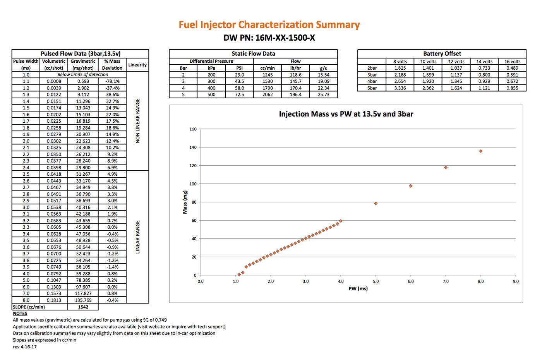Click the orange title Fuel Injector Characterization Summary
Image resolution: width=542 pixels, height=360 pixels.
coord(269,25)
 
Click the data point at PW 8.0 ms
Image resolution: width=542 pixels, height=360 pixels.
coord(481,151)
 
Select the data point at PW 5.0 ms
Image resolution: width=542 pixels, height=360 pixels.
coord(376,204)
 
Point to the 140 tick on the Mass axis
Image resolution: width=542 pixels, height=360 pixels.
coord(193,147)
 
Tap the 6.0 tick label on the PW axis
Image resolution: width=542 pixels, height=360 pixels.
coord(411,281)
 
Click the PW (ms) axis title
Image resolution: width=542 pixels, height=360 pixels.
coord(358,288)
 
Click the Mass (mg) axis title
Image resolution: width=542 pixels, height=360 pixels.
coord(185,202)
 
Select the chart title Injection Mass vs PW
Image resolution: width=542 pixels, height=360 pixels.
coord(346,114)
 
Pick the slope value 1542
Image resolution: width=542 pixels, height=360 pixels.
coord(83,307)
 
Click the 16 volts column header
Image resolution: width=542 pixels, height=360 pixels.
coord(512,62)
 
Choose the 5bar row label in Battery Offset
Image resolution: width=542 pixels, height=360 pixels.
coord(372,88)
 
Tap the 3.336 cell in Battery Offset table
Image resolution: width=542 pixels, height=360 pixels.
coord(400,88)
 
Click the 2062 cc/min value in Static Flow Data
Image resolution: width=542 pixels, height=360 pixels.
coord(268,94)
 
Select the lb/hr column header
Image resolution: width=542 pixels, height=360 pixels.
coord(295,68)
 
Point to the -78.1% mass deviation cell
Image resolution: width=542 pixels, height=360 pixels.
coord(112,81)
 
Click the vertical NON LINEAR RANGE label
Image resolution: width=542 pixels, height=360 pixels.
coord(138,121)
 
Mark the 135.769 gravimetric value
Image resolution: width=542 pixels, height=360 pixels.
coord(83,300)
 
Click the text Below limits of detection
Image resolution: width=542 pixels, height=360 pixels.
coord(83,74)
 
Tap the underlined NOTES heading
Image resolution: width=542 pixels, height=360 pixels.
coord(20,313)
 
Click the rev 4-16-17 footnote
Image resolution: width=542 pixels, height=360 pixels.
coord(25,347)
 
